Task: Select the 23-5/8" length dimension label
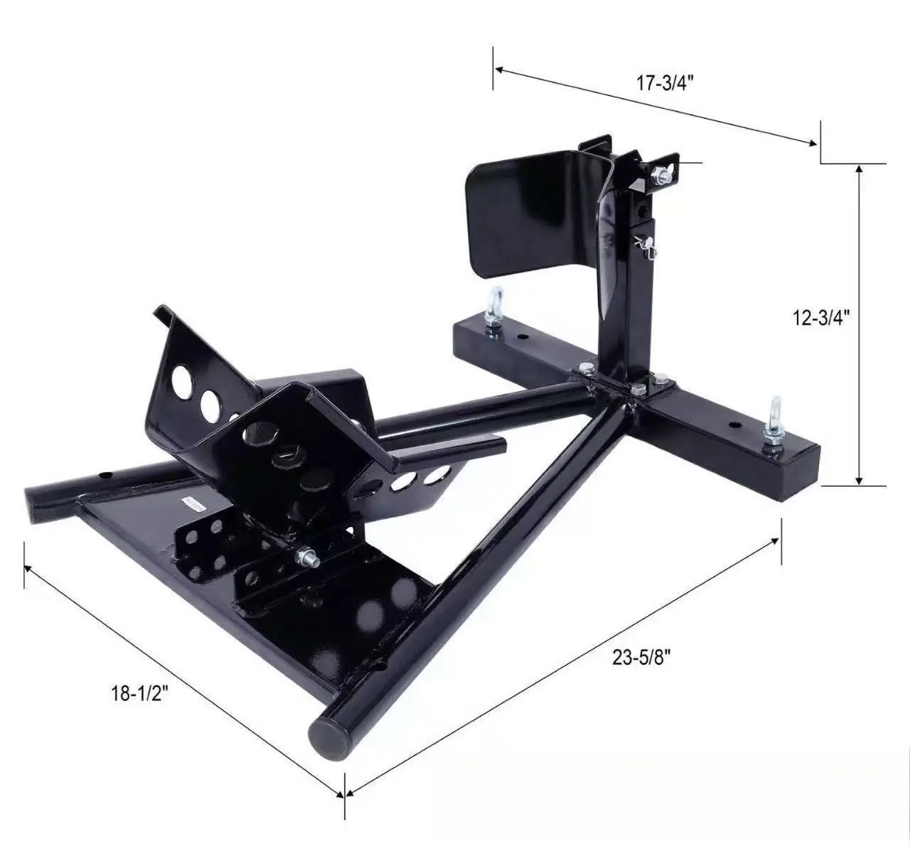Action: [642, 658]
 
